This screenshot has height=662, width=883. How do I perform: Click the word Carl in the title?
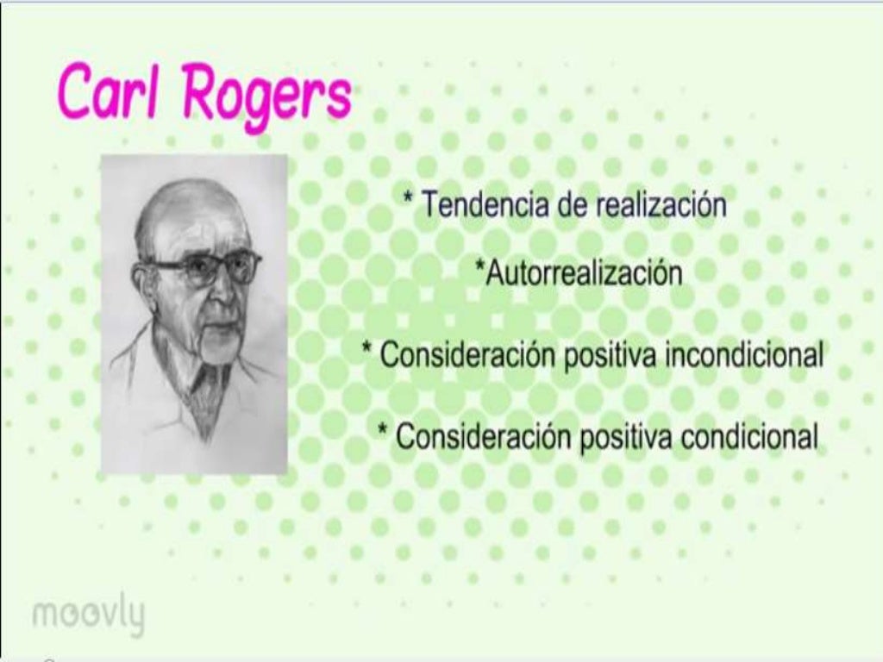pos(110,92)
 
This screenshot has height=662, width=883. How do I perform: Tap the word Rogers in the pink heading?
pos(266,95)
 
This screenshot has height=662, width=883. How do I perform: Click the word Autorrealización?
pos(584,273)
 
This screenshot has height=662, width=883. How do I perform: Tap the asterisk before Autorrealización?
pos(480,269)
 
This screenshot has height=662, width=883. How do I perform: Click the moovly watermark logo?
pos(88,615)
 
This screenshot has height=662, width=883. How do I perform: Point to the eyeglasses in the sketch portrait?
pos(208,269)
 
